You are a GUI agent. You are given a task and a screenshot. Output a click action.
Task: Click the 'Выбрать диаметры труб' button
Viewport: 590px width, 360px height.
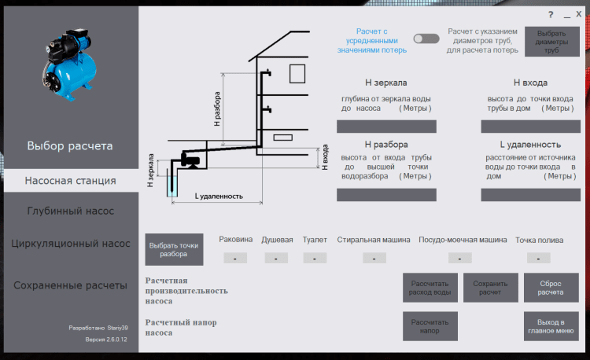tap(551, 42)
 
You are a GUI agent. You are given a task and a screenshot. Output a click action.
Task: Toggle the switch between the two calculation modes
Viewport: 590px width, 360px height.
tap(426, 39)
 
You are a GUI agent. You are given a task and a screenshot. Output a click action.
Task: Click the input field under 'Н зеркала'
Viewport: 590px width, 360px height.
tap(386, 127)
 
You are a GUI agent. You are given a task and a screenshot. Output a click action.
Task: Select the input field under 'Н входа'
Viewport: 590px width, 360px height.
tap(530, 127)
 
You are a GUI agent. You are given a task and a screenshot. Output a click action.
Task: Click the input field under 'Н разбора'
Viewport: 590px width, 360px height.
tap(386, 195)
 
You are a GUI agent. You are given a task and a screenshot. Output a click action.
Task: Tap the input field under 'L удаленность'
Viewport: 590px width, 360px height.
tap(530, 195)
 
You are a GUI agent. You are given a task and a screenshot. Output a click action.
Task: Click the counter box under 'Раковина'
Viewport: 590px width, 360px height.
tap(235, 258)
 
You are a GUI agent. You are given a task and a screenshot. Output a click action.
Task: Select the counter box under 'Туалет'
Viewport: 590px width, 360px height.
tap(315, 258)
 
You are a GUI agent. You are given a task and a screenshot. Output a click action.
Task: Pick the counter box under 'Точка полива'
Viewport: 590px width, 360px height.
tap(538, 258)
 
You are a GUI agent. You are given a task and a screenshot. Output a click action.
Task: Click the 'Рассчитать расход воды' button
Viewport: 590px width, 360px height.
tap(430, 288)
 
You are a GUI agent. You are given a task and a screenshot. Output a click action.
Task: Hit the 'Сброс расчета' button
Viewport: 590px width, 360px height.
tap(551, 288)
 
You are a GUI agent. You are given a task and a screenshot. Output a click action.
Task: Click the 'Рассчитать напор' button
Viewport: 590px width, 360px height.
tap(430, 326)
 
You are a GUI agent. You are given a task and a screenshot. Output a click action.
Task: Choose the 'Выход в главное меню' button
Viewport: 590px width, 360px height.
tap(551, 326)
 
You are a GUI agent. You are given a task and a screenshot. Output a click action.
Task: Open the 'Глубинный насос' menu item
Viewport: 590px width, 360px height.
tap(71, 211)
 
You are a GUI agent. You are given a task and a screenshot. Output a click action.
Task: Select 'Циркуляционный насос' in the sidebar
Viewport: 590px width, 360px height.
tap(71, 244)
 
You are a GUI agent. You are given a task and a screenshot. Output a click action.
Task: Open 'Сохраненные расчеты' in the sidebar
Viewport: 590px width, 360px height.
tap(71, 285)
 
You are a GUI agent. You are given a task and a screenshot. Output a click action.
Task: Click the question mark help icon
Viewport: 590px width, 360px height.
tap(551, 15)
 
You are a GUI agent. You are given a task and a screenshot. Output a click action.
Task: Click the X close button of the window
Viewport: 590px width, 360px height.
tap(579, 14)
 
